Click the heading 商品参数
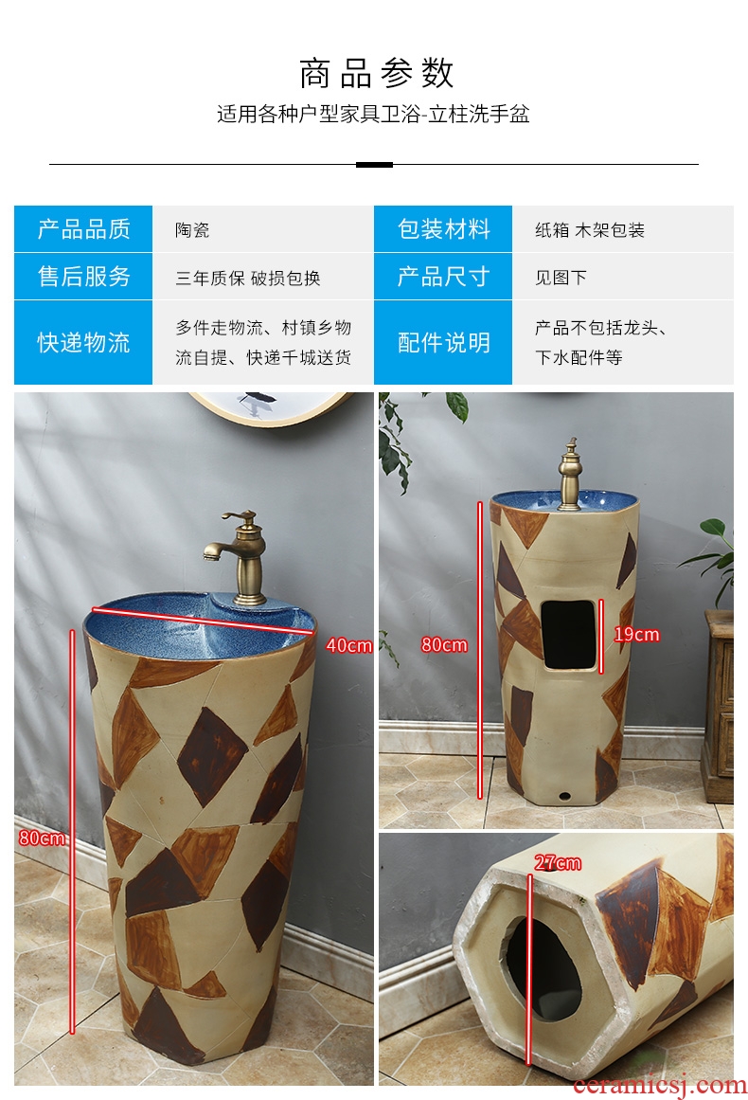pos(377,74)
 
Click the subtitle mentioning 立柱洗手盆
pos(373,114)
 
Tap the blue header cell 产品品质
pos(83,228)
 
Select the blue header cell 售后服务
pos(83,277)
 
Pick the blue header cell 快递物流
pos(83,342)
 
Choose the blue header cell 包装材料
pos(443,228)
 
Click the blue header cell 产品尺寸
pos(443,277)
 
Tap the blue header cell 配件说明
pos(443,342)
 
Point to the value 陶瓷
pos(192,230)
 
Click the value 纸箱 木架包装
pos(590,230)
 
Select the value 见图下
pos(561,278)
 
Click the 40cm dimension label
pos(348,645)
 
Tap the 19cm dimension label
pos(636,634)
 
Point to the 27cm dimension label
pos(558,863)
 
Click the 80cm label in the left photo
pos(42,838)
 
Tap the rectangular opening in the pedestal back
pos(569,634)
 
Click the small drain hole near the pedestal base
pos(564,796)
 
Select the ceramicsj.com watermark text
pos(659,1085)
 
